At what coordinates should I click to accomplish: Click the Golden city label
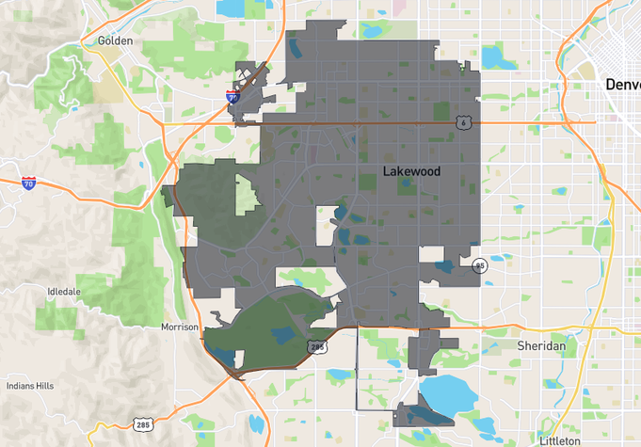point(115,40)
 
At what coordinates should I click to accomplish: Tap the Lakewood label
point(411,171)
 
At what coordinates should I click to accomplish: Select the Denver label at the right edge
point(622,85)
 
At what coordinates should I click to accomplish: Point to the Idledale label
point(64,292)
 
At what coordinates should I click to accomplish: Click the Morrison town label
point(180,327)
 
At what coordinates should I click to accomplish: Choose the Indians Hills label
point(30,386)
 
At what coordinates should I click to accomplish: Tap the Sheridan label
point(541,345)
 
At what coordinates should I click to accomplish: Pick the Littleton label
point(560,440)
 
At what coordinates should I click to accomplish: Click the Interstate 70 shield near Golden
point(232,95)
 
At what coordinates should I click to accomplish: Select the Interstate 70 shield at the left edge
point(29,182)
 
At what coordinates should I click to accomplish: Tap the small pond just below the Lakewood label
point(407,185)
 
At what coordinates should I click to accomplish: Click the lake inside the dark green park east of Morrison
point(282,332)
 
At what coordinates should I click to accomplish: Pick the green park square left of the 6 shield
point(441,111)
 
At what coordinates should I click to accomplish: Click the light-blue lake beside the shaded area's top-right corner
point(493,56)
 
